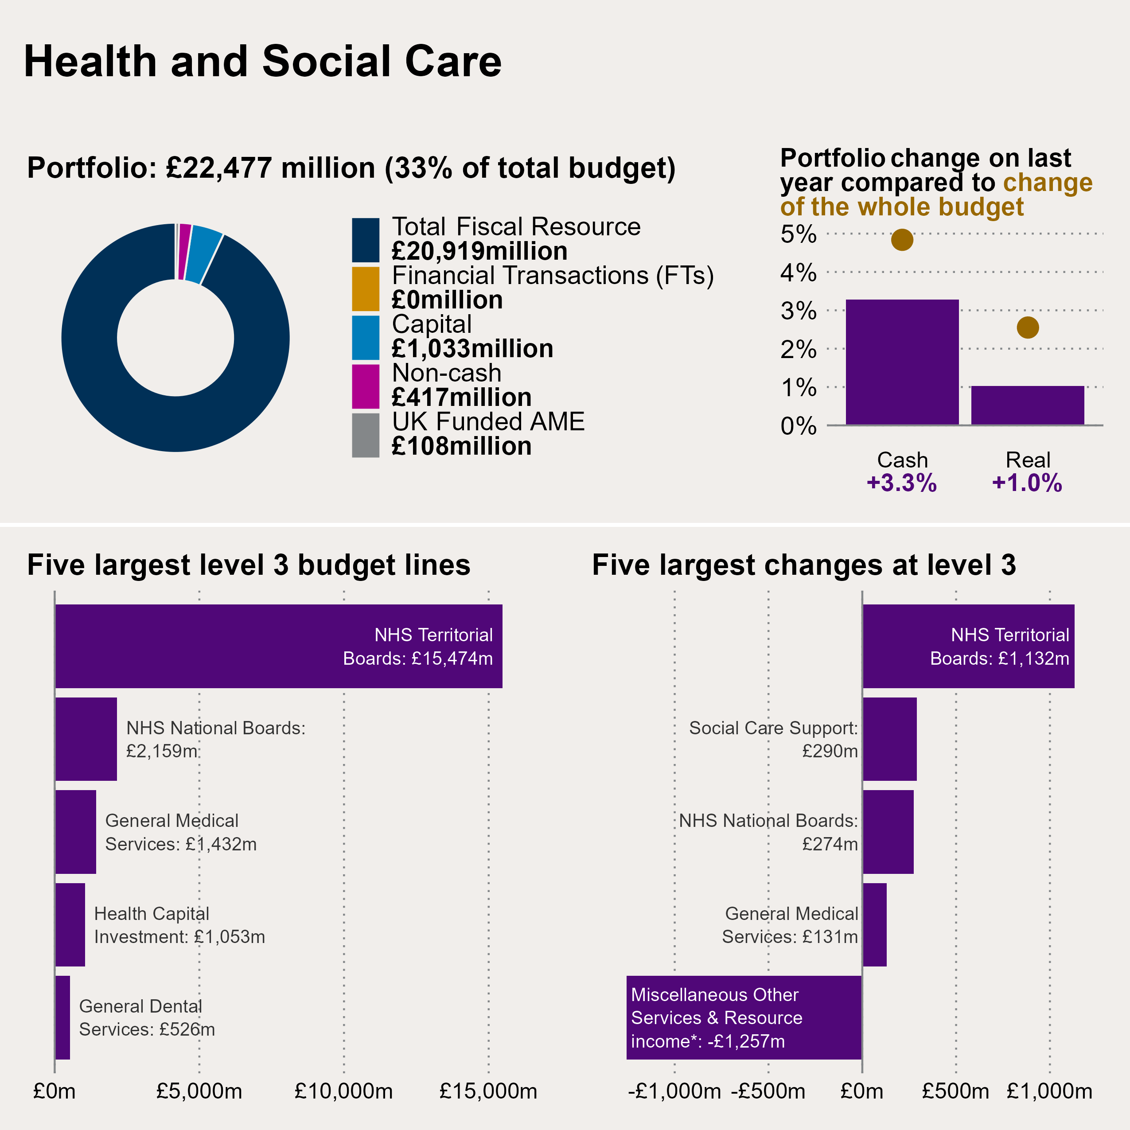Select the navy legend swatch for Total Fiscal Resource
(366, 240)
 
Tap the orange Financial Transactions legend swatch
(366, 288)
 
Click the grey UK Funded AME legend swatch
(366, 435)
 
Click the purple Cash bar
(902, 362)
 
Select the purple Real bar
(1028, 405)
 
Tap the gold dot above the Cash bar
(902, 240)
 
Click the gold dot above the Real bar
(1028, 327)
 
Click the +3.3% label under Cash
(901, 483)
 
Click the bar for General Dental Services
(62, 1018)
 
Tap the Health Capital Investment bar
(70, 925)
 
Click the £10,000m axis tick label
(343, 1091)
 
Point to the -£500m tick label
(768, 1091)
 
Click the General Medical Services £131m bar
(874, 925)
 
